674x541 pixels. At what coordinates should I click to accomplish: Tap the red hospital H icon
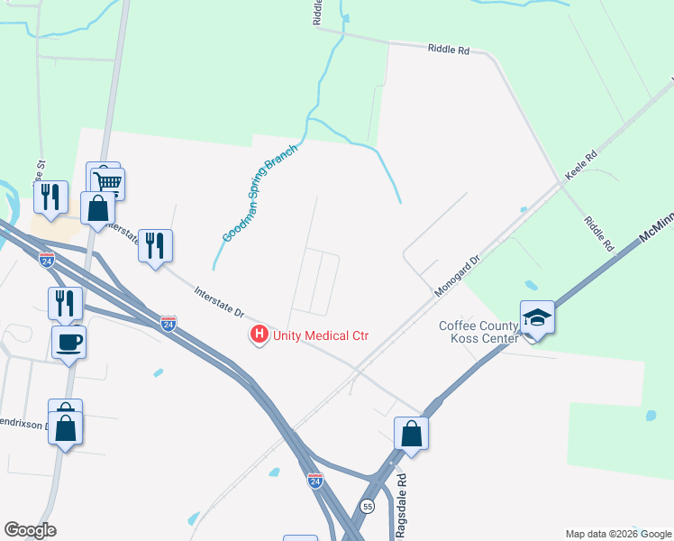260,335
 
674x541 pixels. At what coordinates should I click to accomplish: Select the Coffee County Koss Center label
478,332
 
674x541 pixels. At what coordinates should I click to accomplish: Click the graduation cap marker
537,317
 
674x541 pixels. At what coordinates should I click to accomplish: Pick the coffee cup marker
68,342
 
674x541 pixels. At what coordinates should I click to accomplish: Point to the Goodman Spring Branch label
247,201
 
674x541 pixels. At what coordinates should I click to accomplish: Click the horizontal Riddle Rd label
449,50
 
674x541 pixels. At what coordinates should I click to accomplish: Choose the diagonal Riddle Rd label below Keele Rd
598,234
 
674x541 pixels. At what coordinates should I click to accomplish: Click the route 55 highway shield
368,507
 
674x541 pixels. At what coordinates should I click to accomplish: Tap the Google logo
30,530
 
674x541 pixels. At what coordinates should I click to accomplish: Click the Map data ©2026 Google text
618,534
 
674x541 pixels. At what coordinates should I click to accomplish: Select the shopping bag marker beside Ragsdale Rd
411,432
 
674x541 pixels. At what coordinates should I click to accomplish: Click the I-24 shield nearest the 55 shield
314,480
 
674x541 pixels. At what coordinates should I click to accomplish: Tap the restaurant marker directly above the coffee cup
65,302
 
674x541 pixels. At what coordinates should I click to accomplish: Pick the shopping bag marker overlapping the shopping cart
97,207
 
